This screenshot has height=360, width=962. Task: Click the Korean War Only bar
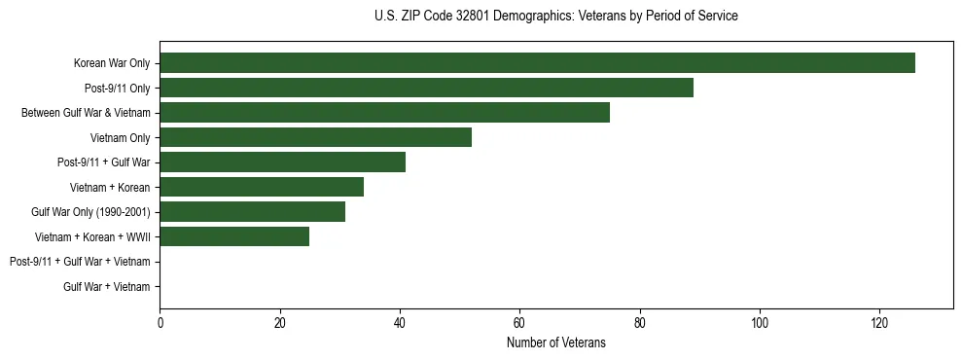click(537, 63)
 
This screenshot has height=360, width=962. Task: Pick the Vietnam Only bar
click(315, 137)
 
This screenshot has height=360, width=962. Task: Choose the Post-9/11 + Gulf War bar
click(282, 162)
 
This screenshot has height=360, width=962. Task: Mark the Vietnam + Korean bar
click(262, 187)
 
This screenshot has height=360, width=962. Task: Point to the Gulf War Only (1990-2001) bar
click(252, 212)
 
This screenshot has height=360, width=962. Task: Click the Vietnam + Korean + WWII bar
click(234, 236)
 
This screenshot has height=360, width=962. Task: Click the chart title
click(555, 17)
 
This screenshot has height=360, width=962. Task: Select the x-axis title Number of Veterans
click(555, 342)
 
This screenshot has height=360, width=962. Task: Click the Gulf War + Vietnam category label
click(106, 286)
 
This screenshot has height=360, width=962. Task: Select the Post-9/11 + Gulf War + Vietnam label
click(80, 262)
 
